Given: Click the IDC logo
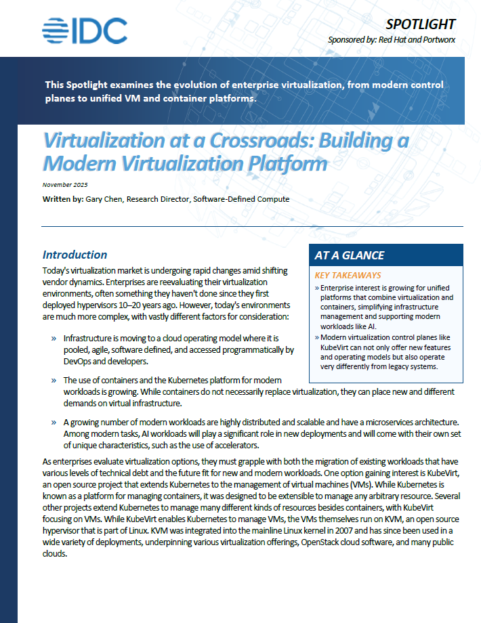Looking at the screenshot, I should (84, 30).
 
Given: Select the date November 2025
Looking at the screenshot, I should (65, 185).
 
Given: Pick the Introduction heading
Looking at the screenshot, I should (75, 255).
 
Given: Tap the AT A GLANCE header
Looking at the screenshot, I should (350, 256).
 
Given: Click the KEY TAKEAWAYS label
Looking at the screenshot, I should (348, 276).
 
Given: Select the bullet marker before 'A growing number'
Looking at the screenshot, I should (53, 422).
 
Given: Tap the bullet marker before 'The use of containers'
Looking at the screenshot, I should (53, 381).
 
